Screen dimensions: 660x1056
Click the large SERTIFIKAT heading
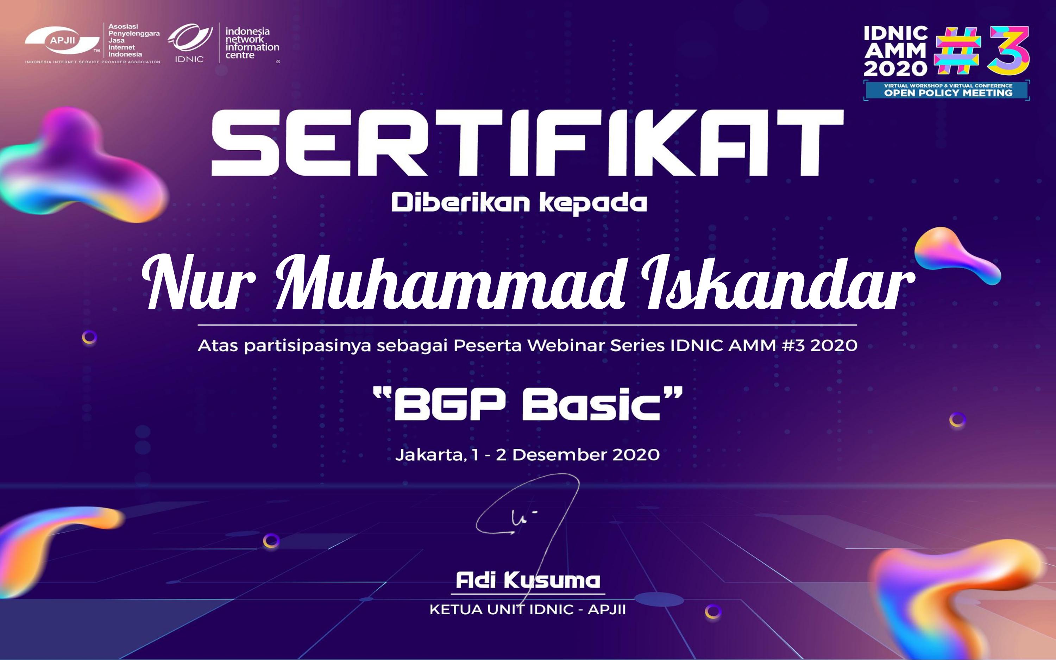click(x=527, y=143)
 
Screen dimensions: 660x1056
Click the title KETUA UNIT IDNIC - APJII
click(x=528, y=610)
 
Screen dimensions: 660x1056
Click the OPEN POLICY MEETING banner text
click(x=948, y=93)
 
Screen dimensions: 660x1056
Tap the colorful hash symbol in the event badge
click(x=958, y=51)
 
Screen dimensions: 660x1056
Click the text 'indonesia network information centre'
click(x=252, y=43)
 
